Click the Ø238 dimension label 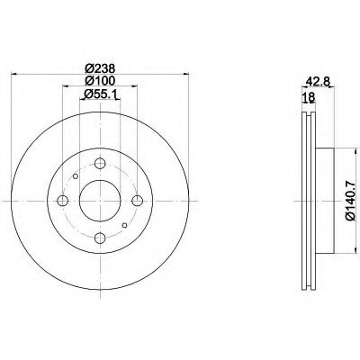100,68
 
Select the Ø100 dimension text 100,81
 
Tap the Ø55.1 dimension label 100,94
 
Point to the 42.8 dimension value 318,81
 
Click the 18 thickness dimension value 309,97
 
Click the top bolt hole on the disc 100,164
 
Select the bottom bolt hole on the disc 100,238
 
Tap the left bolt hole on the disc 62,201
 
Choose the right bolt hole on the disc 138,201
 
